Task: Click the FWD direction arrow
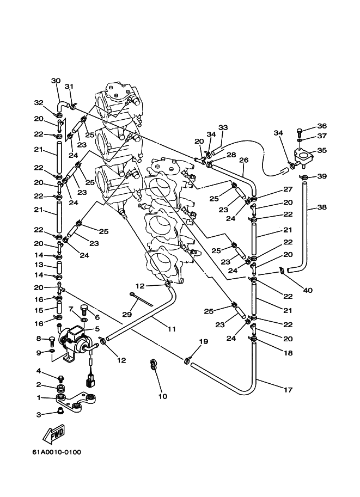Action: click(x=54, y=434)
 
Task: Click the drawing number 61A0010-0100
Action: click(x=57, y=452)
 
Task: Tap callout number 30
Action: click(x=56, y=81)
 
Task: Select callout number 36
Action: click(x=322, y=126)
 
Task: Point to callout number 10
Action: click(x=163, y=396)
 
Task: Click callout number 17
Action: click(x=288, y=390)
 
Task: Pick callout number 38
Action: click(x=322, y=207)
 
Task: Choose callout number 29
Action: click(x=127, y=315)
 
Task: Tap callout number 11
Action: click(x=172, y=329)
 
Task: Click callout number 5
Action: click(x=97, y=329)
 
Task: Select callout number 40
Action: click(x=308, y=290)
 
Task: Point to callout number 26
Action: click(x=243, y=160)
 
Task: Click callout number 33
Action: click(x=223, y=127)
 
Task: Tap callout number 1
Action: click(x=39, y=397)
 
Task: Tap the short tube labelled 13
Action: click(x=59, y=265)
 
